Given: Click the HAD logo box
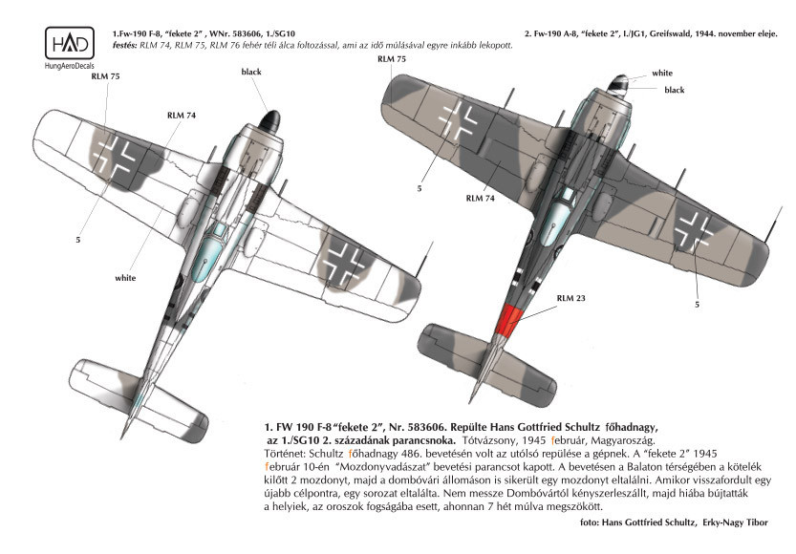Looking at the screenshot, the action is [70, 44].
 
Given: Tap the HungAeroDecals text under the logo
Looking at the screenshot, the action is [70, 66].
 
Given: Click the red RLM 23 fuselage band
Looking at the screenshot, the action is [508, 322].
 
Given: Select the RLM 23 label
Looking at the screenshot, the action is [570, 298].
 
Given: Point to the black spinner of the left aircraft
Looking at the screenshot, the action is [269, 121].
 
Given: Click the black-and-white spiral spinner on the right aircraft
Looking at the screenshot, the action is [620, 84].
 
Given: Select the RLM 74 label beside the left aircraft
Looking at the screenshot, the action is [182, 116].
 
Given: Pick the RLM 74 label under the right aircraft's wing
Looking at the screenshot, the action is [481, 199].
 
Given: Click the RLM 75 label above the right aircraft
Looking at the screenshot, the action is [392, 59].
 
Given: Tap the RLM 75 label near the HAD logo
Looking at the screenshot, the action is [105, 76].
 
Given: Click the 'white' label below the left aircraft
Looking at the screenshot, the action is [125, 278].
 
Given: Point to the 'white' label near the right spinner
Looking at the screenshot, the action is [662, 73].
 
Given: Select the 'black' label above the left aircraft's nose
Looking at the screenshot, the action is [251, 72].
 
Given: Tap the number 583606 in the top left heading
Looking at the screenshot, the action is [248, 34].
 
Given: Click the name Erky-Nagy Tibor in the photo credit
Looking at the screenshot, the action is [735, 522].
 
